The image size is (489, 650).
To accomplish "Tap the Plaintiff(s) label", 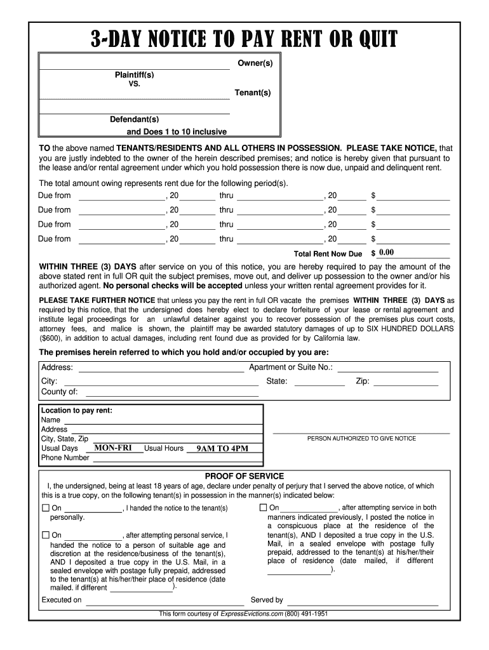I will coord(134,75).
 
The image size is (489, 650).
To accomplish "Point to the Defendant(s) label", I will coord(134,119).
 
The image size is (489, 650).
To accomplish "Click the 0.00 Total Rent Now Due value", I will coord(386,253).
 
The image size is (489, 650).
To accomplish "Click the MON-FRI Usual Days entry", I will coord(113,448).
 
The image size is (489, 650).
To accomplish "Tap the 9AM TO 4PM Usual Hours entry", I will coord(222,448).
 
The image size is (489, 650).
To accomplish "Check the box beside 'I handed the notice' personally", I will coord(46,508).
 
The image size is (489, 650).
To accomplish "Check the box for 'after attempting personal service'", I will coord(46,535).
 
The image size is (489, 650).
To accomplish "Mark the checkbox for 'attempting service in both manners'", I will coord(263,508).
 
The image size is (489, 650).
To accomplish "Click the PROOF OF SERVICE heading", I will coord(244,476).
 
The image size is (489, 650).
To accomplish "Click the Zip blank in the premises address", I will coord(405,382).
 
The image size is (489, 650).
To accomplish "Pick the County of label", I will coord(60,392).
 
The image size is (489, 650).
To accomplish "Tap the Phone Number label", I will coord(65,458).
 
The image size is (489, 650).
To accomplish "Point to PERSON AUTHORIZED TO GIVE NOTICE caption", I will coord(361,439).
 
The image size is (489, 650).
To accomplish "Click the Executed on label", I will coord(62,600).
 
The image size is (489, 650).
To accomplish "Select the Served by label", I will coord(267,600).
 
